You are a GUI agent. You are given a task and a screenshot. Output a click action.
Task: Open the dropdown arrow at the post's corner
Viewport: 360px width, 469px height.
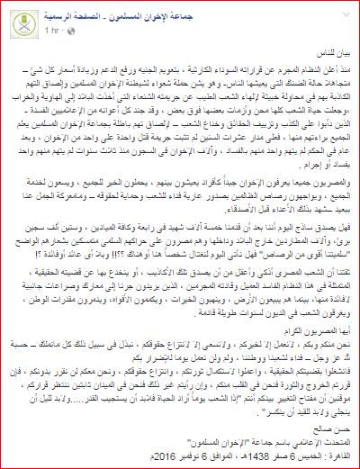(13, 12)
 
